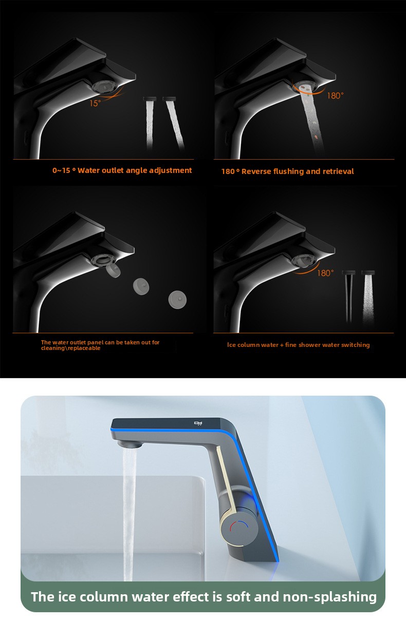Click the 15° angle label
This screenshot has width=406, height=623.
click(x=95, y=104)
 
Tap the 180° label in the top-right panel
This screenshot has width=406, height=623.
click(x=335, y=96)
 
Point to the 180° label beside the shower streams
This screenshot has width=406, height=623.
click(x=325, y=273)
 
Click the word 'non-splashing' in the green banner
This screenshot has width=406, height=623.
click(x=330, y=597)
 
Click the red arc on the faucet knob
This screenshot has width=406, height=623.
click(x=233, y=527)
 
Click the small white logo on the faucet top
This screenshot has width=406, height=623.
click(x=198, y=423)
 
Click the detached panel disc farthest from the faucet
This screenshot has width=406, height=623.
click(x=177, y=299)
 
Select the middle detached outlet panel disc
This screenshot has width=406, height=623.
click(x=141, y=286)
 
